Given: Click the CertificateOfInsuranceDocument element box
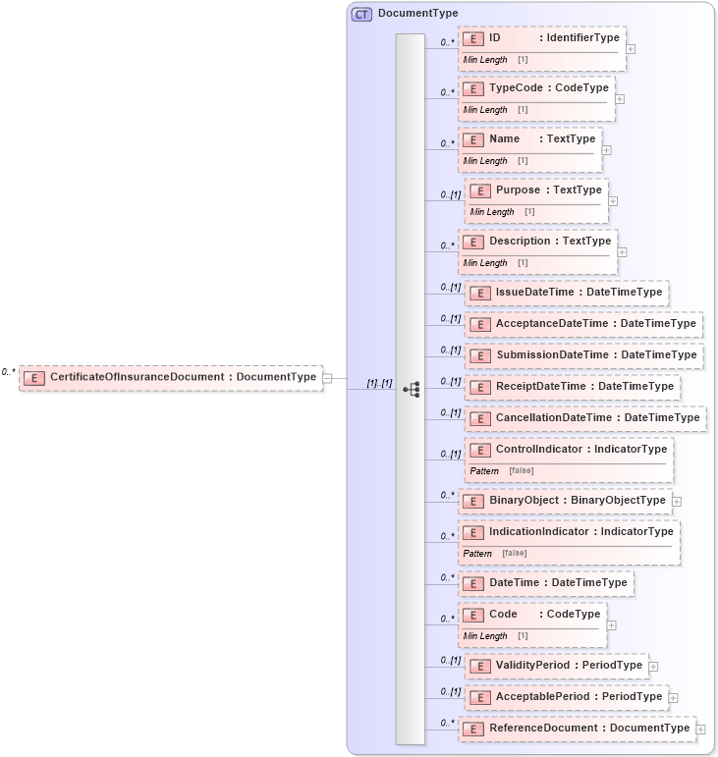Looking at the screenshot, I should click(x=171, y=377).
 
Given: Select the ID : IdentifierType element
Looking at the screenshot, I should click(x=541, y=38).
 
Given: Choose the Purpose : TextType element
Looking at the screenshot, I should click(x=536, y=190).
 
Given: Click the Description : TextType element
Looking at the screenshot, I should click(x=537, y=242).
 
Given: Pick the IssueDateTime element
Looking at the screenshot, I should click(x=567, y=293).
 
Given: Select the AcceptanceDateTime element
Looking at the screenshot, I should click(x=583, y=324).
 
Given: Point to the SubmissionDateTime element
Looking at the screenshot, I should click(x=583, y=355).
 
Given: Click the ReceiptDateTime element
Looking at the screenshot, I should click(x=573, y=387).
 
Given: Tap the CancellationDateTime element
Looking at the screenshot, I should click(x=585, y=418).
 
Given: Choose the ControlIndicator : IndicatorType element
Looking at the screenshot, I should click(x=569, y=450).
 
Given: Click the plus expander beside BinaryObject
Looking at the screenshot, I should click(x=678, y=502).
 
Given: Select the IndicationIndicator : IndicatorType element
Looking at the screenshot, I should click(x=569, y=532).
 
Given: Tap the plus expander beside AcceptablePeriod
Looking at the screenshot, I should click(x=674, y=698).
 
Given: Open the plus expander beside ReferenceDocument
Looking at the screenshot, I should click(x=701, y=730).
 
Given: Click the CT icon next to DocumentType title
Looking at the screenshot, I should click(x=361, y=14).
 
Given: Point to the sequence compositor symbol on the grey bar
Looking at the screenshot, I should click(x=411, y=390).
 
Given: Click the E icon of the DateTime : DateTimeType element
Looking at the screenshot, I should click(x=473, y=583).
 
